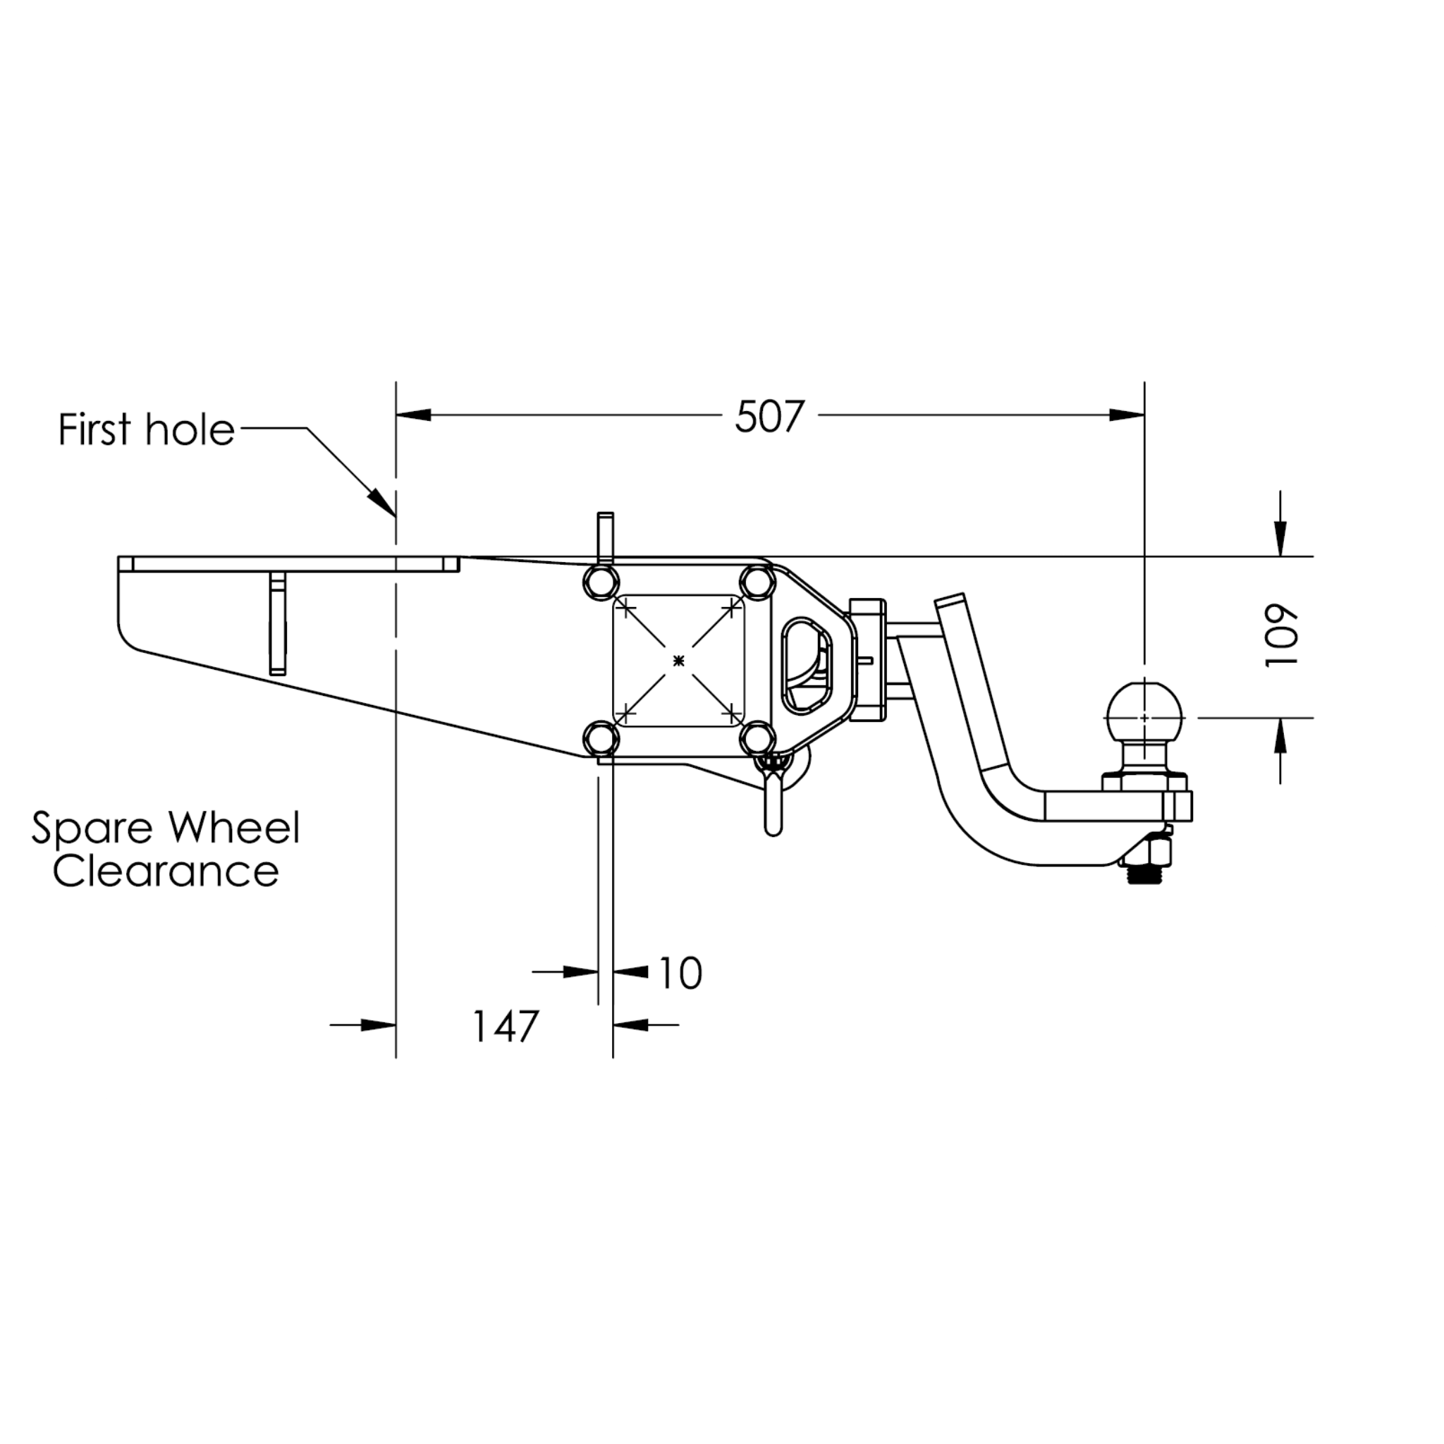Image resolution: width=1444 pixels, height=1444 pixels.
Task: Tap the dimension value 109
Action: pos(1281,635)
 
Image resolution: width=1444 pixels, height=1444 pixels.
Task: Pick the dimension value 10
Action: pos(680,972)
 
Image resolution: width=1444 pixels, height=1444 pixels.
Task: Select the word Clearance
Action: pos(166,871)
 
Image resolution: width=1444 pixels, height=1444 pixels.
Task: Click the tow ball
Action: pos(1144,716)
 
